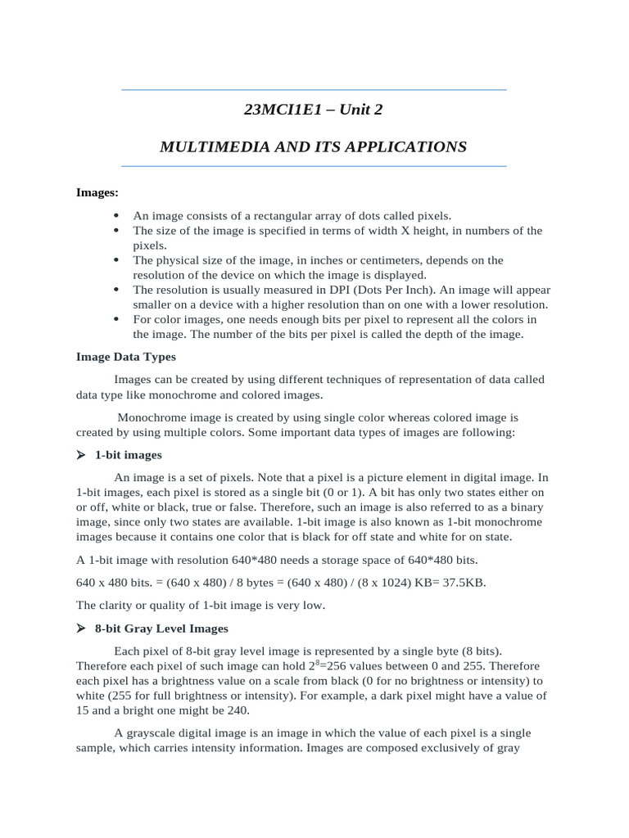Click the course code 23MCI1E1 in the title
click(x=274, y=110)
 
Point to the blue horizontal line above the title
click(x=314, y=89)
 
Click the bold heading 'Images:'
click(x=97, y=192)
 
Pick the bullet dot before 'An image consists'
click(x=115, y=216)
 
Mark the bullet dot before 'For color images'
click(x=115, y=319)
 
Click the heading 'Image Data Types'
click(x=126, y=357)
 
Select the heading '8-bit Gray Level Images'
click(x=161, y=628)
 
